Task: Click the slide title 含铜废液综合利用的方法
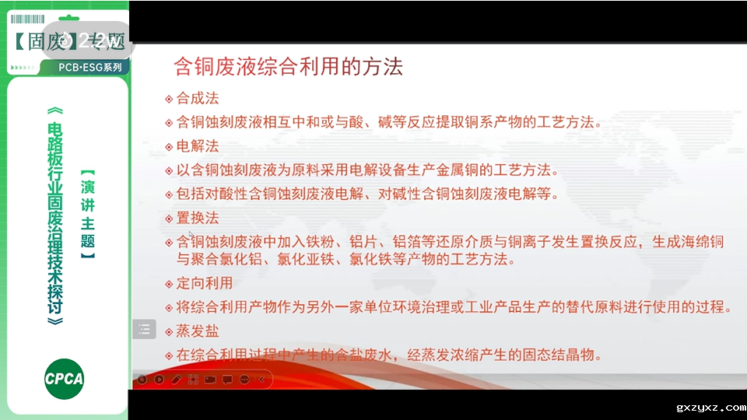click(x=287, y=67)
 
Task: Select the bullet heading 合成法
click(x=198, y=99)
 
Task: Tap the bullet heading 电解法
click(x=198, y=146)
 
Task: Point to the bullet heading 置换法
click(x=198, y=218)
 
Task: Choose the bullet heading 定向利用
click(x=205, y=283)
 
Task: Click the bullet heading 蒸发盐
click(x=198, y=331)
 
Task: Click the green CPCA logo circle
click(x=64, y=380)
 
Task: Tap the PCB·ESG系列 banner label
click(x=89, y=68)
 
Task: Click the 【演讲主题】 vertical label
click(x=88, y=215)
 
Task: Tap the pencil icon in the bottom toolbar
click(x=176, y=380)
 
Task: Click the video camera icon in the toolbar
click(x=210, y=380)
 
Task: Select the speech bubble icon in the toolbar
click(x=227, y=380)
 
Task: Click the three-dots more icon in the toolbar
click(x=244, y=380)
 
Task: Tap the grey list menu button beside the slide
click(x=144, y=329)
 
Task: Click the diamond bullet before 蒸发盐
click(x=170, y=332)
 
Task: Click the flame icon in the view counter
click(x=66, y=40)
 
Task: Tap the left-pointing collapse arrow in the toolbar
click(x=262, y=380)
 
